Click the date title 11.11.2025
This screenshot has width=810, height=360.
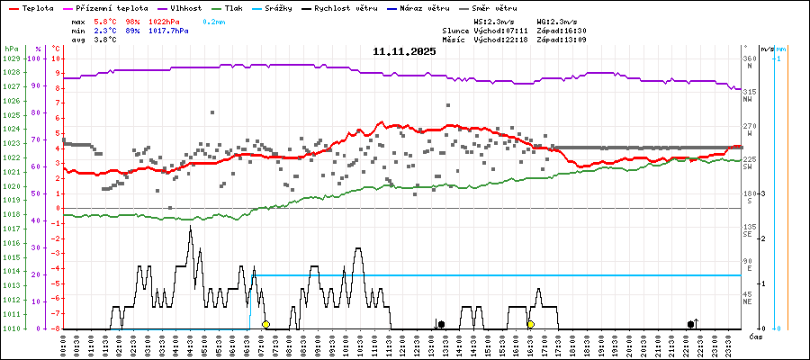coord(404,51)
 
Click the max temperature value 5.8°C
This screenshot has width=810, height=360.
coord(105,21)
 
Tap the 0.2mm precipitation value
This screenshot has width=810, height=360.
coord(214,21)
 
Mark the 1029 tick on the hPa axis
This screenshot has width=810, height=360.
coord(12,58)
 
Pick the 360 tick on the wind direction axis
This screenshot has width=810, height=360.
coord(749,58)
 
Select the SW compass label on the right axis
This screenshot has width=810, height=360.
coord(747,166)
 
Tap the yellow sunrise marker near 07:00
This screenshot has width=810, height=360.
coord(265,324)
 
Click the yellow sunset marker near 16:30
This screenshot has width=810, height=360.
coord(531,324)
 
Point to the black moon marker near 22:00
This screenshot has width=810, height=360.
coord(691,324)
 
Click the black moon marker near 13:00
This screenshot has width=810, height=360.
coord(441,324)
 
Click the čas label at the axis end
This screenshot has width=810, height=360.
coord(756,336)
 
